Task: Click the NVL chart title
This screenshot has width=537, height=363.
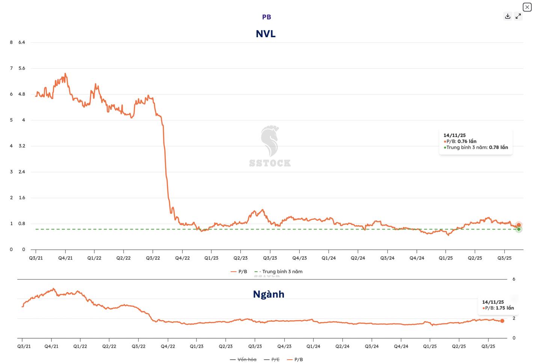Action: (265, 34)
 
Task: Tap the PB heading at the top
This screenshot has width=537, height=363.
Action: (267, 17)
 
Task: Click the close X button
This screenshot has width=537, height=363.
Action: (527, 7)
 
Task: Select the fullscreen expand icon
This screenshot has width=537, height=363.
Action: (518, 16)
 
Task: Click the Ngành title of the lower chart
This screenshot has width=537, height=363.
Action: (268, 294)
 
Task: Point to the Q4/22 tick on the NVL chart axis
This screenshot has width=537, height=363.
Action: (183, 258)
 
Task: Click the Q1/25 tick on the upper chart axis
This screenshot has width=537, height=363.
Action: (446, 258)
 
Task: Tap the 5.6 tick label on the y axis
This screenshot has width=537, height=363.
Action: (22, 68)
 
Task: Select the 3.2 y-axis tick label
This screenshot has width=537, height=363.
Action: (22, 146)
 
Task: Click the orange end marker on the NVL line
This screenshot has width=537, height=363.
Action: (519, 225)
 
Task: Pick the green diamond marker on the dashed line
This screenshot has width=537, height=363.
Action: (519, 229)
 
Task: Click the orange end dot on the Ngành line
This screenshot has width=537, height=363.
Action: (502, 321)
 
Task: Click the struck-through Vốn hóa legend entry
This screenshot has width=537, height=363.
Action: (247, 360)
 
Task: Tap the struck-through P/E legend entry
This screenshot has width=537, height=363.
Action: (275, 360)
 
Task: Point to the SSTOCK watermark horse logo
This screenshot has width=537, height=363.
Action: (270, 141)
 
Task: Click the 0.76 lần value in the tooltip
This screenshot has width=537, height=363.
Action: (467, 141)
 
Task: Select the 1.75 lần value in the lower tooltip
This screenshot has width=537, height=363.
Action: (505, 308)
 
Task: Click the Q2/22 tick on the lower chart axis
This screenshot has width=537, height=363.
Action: (109, 346)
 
